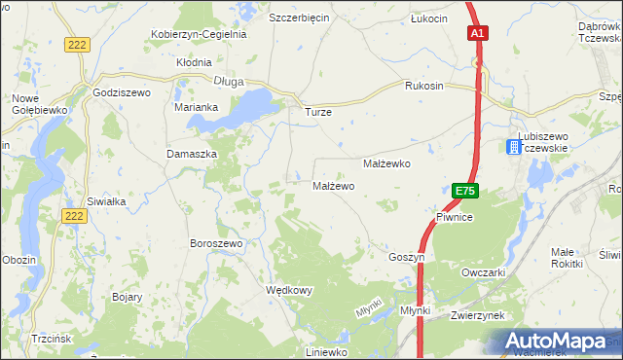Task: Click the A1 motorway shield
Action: [x=477, y=33]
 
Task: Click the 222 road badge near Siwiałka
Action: [x=72, y=215]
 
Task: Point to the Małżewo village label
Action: [x=333, y=185]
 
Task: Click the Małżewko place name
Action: [x=386, y=164]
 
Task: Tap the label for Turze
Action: [x=318, y=112]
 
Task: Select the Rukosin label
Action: [x=424, y=86]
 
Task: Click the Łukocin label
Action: [x=428, y=18]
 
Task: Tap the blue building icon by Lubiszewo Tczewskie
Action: [x=513, y=147]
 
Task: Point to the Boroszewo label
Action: [x=216, y=242]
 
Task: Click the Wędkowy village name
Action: [x=289, y=290]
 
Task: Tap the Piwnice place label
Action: [x=454, y=218]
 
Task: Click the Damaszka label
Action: [x=190, y=154]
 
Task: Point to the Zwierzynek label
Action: [x=477, y=316]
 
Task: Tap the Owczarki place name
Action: [x=484, y=272]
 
